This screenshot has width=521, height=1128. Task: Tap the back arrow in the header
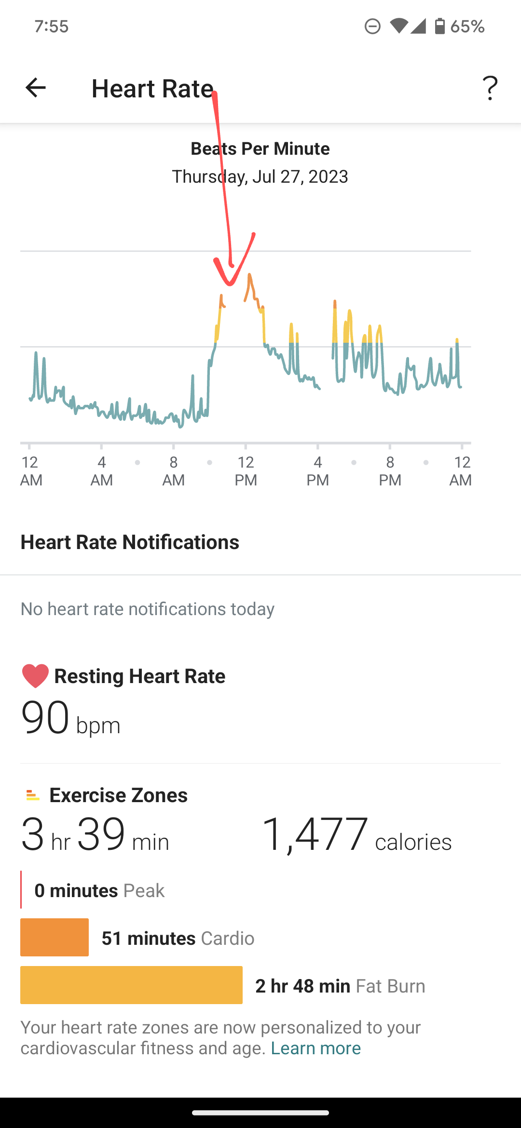tap(35, 88)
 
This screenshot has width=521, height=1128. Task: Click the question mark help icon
tap(490, 88)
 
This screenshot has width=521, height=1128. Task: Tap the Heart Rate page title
tap(152, 89)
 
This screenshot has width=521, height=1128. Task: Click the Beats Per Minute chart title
tap(260, 148)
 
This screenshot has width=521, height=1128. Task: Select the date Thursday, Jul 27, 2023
tap(260, 176)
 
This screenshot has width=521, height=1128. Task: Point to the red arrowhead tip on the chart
tap(230, 283)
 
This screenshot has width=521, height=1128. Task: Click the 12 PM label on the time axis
tap(246, 471)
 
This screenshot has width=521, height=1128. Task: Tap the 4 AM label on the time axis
tap(101, 471)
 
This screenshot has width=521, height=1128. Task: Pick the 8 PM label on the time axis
tap(390, 471)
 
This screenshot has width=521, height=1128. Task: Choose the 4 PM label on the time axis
tap(317, 471)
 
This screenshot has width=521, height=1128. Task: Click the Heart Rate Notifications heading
tap(130, 542)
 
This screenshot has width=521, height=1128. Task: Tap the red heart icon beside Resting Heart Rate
tap(35, 676)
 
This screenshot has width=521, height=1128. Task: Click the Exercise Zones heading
tap(118, 795)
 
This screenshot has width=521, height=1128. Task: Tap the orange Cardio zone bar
tap(55, 937)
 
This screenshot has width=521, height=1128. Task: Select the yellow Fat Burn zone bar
tap(131, 985)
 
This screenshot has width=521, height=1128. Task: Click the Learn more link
tap(315, 1048)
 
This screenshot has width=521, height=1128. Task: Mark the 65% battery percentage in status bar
tap(467, 26)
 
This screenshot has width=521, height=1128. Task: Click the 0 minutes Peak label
tap(99, 890)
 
